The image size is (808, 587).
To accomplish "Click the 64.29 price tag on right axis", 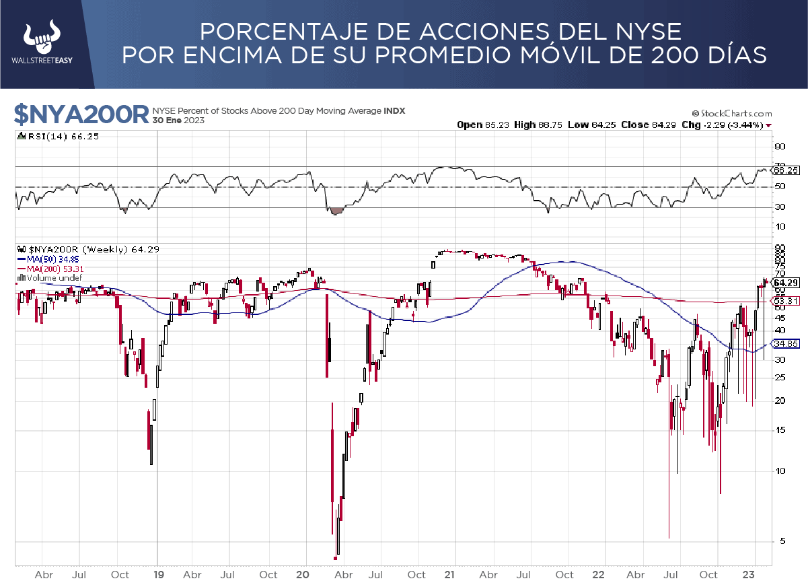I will [786, 283].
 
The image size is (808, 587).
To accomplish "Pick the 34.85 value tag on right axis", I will [786, 343].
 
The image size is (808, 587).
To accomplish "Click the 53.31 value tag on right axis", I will [786, 300].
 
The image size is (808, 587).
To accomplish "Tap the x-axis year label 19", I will [158, 575].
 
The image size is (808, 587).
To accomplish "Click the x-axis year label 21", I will [450, 575].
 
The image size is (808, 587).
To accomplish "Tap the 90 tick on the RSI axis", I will [780, 146].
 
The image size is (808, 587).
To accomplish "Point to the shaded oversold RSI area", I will [336, 211].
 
